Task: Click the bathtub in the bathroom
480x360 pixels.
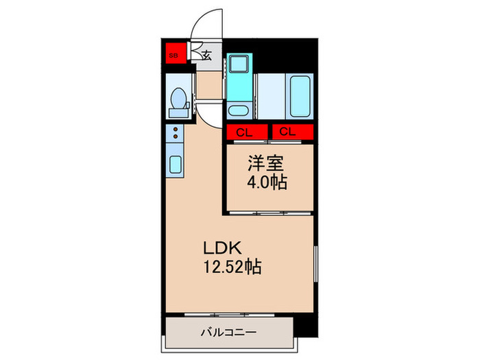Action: pyautogui.click(x=300, y=96)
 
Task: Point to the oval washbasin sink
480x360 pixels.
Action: pyautogui.click(x=238, y=110)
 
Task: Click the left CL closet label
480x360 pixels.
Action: pyautogui.click(x=244, y=132)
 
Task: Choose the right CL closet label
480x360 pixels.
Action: pyautogui.click(x=287, y=132)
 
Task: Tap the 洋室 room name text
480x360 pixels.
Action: pyautogui.click(x=266, y=163)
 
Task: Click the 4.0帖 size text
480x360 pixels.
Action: pyautogui.click(x=267, y=182)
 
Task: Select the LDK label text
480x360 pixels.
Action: pyautogui.click(x=223, y=248)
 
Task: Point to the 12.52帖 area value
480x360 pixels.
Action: pyautogui.click(x=232, y=267)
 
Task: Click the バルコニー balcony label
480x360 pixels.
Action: pyautogui.click(x=228, y=332)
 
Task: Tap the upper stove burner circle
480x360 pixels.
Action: pyautogui.click(x=176, y=129)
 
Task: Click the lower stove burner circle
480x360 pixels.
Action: pyautogui.click(x=176, y=136)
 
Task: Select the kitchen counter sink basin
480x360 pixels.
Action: pyautogui.click(x=176, y=165)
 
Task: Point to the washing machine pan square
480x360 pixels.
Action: pyautogui.click(x=239, y=64)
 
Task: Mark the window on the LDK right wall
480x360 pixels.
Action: pyautogui.click(x=316, y=263)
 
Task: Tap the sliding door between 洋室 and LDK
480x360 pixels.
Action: pyautogui.click(x=270, y=213)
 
